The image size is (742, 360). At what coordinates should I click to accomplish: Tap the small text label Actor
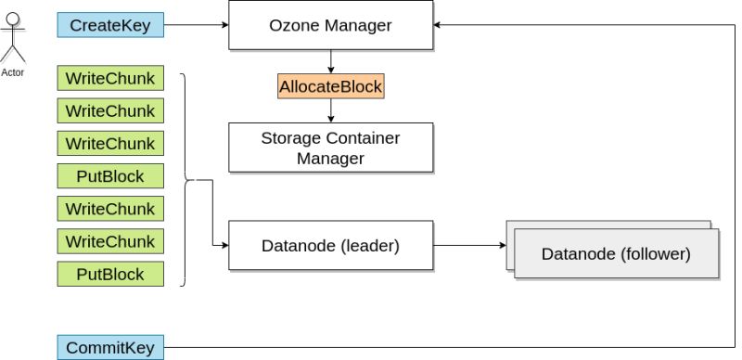point(13,72)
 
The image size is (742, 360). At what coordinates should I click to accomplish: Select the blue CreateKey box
point(110,25)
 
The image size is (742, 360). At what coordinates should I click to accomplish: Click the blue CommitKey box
point(110,348)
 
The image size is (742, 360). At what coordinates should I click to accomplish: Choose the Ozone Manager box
point(330,25)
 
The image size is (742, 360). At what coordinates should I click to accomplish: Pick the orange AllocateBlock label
point(330,86)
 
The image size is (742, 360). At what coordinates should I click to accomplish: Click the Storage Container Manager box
point(330,148)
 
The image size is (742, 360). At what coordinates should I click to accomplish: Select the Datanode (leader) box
point(330,246)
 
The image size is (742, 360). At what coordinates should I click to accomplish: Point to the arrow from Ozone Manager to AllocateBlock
point(330,61)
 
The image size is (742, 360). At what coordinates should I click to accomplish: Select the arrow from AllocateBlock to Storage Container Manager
point(330,110)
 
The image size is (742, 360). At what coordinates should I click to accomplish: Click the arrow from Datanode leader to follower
point(468,246)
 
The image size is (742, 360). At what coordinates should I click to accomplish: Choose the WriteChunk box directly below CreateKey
point(110,78)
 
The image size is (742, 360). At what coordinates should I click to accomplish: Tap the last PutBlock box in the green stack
point(110,274)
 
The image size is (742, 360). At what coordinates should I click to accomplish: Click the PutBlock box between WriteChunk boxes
point(110,175)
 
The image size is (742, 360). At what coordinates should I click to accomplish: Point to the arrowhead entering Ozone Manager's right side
point(439,25)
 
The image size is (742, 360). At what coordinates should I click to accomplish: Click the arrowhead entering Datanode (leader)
point(224,246)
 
